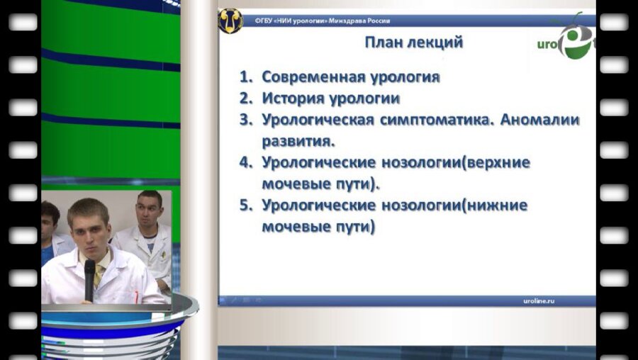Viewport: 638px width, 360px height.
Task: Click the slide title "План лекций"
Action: (x=413, y=43)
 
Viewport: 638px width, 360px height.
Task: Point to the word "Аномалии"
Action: (x=540, y=119)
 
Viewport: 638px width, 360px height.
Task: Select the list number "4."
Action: (x=246, y=162)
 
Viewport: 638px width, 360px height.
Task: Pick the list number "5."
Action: (x=246, y=206)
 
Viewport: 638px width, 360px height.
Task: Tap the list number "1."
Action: (x=246, y=77)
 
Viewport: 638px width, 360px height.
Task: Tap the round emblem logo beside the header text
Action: (x=230, y=21)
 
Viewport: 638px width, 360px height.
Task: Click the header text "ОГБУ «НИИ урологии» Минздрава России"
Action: (x=323, y=21)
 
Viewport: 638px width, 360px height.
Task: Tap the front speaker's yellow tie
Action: (x=99, y=273)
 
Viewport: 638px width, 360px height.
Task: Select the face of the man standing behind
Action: (x=149, y=211)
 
